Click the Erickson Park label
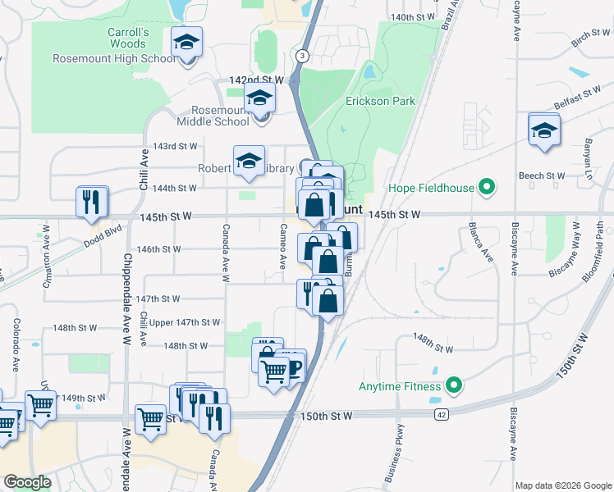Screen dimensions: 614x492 click(380, 101)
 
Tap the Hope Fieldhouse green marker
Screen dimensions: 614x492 click(487, 188)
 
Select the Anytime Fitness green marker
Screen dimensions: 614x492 click(453, 385)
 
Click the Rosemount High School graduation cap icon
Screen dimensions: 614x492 click(187, 42)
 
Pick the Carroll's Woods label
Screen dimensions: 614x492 click(127, 39)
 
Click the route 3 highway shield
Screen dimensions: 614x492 click(303, 56)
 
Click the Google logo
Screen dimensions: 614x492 click(27, 482)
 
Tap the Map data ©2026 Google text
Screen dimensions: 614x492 click(562, 485)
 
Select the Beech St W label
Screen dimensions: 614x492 click(542, 176)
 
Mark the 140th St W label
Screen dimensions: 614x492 click(412, 16)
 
